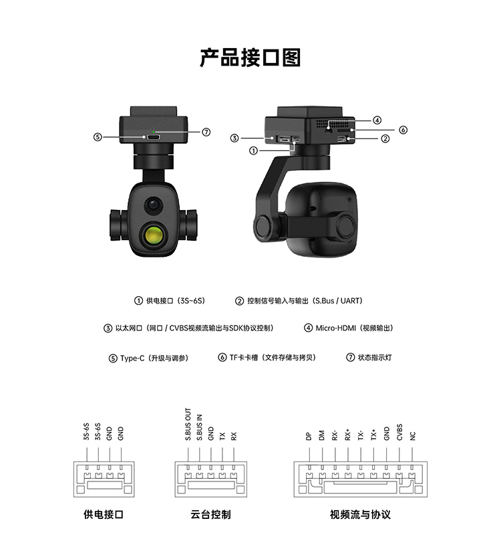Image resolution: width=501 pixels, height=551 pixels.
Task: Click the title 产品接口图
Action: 250,58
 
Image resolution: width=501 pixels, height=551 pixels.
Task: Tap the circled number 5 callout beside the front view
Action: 98,136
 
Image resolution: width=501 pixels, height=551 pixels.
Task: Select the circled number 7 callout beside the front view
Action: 206,132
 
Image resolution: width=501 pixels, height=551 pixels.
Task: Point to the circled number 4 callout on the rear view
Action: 377,120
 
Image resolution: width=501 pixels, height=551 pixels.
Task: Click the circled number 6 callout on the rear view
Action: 403,130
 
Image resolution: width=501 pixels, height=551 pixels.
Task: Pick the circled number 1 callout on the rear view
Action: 253,150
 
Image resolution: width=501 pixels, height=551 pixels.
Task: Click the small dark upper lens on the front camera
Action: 153,204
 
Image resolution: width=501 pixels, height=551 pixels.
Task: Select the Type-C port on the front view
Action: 154,136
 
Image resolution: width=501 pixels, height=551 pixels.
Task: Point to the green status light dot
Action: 154,132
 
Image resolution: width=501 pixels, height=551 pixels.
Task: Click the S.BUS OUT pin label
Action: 188,424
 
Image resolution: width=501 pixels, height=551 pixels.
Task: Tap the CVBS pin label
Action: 399,432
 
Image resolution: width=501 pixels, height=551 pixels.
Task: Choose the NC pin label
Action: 413,436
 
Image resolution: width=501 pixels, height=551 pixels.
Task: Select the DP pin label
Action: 309,436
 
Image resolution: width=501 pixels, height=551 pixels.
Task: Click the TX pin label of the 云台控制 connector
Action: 222,436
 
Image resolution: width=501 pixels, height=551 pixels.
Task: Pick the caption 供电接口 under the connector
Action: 104,514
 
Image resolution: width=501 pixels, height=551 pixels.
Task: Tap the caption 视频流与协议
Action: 360,514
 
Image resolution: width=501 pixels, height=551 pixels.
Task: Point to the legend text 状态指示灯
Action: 375,357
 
